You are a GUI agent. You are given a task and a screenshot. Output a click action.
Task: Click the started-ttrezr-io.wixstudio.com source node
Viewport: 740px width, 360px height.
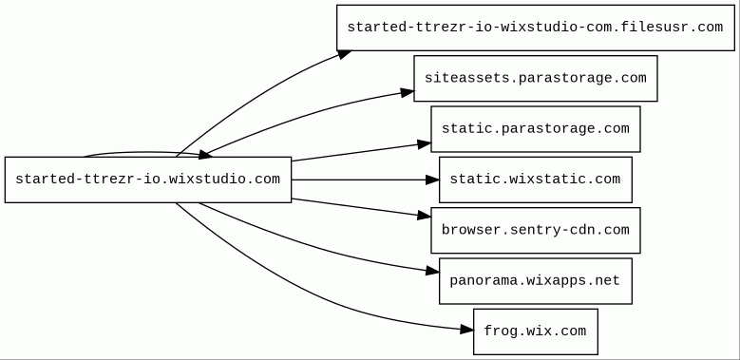point(148,180)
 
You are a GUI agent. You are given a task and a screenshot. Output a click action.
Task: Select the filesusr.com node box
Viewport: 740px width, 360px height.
point(536,28)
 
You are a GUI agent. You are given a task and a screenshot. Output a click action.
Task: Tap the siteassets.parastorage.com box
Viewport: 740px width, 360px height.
point(536,78)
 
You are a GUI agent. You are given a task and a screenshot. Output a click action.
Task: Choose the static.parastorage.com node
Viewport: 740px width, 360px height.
point(536,129)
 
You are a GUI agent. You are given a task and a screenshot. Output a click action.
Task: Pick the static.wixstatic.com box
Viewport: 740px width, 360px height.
point(536,180)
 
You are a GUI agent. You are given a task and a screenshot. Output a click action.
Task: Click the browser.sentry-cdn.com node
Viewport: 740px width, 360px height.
point(536,230)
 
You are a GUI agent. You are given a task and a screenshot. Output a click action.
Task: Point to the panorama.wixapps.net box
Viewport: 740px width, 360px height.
point(536,281)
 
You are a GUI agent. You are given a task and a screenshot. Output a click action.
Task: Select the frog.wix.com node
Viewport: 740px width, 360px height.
point(536,332)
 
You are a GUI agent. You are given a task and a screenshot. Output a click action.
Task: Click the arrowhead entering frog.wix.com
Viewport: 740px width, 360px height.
point(467,330)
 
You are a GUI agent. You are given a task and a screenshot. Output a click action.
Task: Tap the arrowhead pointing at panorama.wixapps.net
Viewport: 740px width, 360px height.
point(433,271)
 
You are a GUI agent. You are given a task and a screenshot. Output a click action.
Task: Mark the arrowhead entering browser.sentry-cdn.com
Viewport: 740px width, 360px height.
point(425,216)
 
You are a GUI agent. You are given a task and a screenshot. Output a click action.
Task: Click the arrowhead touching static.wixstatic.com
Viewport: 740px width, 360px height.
point(433,180)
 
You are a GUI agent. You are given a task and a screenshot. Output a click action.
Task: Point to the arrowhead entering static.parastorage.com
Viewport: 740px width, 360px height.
point(425,143)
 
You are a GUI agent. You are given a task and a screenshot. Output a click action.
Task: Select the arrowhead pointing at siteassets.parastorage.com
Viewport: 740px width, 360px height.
point(408,92)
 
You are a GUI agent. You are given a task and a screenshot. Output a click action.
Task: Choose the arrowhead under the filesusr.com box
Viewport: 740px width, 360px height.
point(345,55)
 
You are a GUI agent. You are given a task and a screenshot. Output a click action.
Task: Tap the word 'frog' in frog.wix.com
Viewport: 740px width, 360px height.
point(502,332)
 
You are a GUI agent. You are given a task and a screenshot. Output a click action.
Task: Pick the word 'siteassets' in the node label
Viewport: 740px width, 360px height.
point(466,78)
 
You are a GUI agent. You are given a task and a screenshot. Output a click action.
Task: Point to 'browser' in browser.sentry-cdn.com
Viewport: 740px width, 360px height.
point(471,230)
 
